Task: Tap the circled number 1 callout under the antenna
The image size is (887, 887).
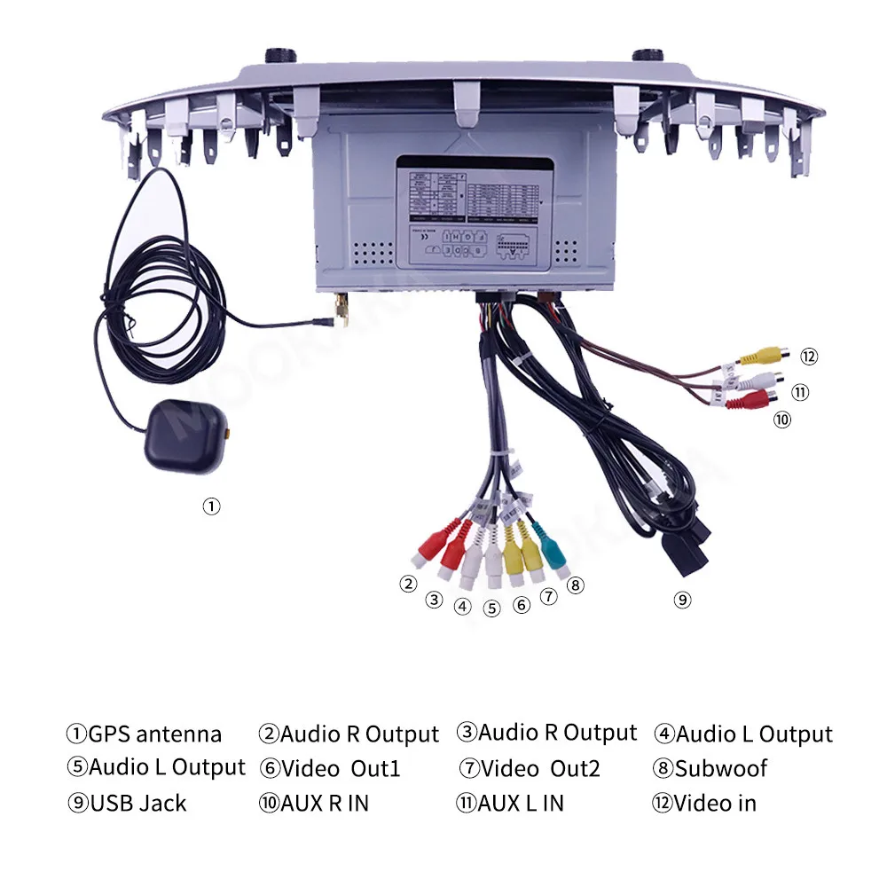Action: (x=211, y=506)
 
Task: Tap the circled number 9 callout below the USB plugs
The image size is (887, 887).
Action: (x=681, y=600)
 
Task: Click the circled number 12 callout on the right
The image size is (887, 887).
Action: (x=808, y=357)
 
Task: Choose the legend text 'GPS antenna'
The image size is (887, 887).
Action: (x=154, y=734)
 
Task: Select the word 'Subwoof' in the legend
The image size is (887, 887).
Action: (x=721, y=769)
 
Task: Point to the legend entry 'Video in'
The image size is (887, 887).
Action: (x=714, y=804)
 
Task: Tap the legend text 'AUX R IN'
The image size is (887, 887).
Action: (x=324, y=804)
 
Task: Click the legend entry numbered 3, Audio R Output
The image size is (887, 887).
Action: (x=546, y=733)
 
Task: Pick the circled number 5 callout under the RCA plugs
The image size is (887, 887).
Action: (x=492, y=608)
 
